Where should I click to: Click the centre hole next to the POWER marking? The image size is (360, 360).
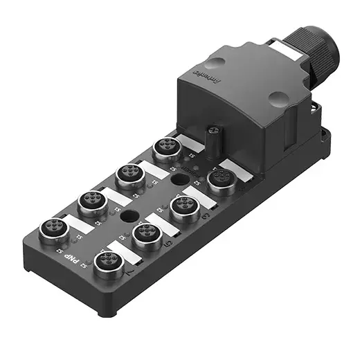click(x=179, y=181)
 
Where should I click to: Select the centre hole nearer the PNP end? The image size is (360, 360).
click(x=129, y=217)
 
